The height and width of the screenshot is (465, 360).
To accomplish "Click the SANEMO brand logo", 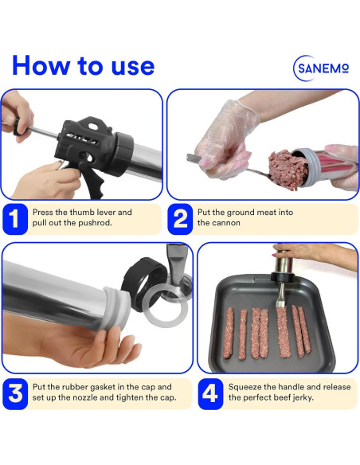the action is (321, 68).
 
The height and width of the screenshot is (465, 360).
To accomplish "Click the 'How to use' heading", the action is (84, 65).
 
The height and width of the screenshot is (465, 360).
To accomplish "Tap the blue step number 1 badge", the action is (15, 219).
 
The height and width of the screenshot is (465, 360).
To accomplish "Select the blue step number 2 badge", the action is (180, 219).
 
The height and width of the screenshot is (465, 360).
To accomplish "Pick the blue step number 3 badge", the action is (15, 394).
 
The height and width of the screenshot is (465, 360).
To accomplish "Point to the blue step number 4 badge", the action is (210, 394).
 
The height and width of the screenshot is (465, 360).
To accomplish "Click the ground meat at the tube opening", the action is (286, 170).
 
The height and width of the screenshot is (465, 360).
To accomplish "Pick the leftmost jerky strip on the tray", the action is (229, 333).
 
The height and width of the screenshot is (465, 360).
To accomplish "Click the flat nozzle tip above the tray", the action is (280, 295).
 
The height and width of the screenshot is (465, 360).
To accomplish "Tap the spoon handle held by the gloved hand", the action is (195, 158).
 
